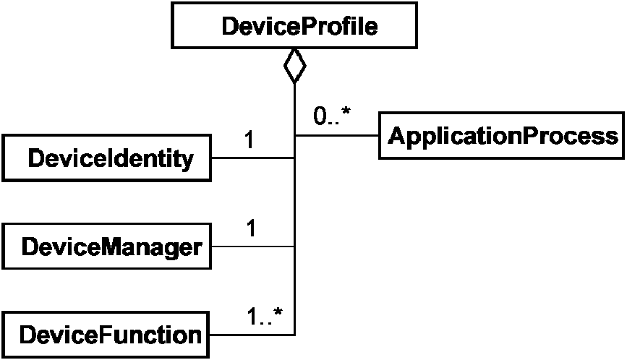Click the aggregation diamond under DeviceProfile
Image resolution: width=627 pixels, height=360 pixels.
(295, 66)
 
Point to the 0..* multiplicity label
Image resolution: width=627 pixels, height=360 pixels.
(331, 116)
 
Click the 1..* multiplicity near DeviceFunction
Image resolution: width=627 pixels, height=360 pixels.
(264, 317)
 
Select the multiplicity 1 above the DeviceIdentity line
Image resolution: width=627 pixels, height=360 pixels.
(249, 140)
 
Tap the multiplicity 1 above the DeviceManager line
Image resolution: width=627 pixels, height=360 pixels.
(251, 228)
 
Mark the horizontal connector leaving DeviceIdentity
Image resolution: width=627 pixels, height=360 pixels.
(253, 158)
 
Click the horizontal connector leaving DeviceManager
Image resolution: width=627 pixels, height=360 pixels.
(253, 246)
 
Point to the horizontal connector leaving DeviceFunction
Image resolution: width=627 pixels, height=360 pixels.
(252, 335)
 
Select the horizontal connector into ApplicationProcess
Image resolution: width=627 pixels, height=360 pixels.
(337, 136)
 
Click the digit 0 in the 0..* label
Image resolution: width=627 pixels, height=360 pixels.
(320, 116)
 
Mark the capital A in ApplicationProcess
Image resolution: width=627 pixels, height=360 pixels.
(396, 135)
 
